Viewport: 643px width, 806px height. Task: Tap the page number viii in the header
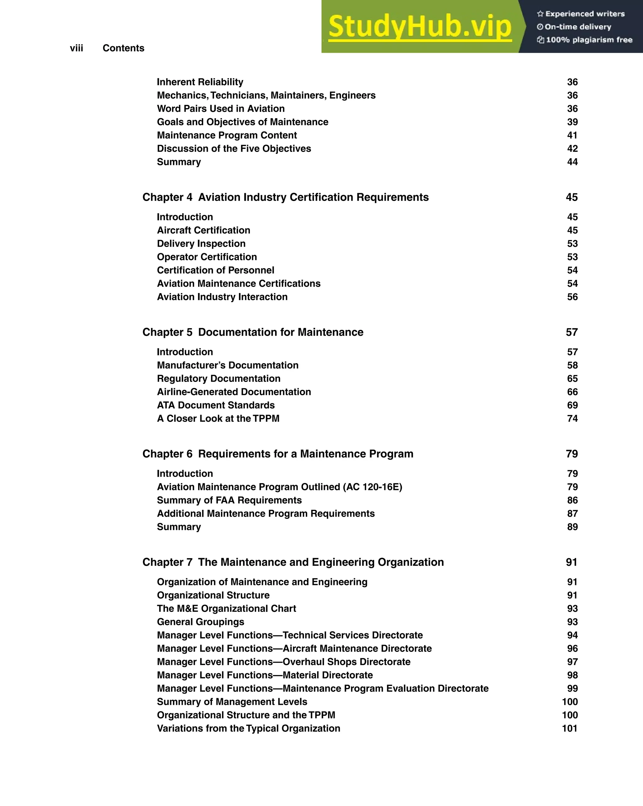click(x=76, y=48)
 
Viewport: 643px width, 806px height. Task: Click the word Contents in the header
click(x=123, y=48)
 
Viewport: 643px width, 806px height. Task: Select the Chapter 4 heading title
click(x=285, y=197)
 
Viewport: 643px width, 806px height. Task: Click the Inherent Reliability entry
click(x=200, y=82)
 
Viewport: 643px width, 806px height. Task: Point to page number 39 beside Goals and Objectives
click(x=572, y=122)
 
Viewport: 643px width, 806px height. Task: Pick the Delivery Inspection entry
click(x=201, y=243)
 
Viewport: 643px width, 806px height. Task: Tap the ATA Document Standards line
click(x=216, y=405)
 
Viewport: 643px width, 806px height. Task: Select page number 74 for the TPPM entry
click(x=572, y=418)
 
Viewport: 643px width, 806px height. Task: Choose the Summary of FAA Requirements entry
click(x=229, y=500)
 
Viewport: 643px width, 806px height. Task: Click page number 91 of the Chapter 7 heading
click(x=571, y=562)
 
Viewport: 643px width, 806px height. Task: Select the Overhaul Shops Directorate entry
click(x=284, y=662)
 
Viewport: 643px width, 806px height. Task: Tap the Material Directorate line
click(x=265, y=675)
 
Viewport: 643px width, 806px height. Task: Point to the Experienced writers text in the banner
click(x=585, y=14)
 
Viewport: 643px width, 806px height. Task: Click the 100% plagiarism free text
click(x=589, y=40)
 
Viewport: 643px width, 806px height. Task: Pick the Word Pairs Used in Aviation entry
click(x=220, y=108)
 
